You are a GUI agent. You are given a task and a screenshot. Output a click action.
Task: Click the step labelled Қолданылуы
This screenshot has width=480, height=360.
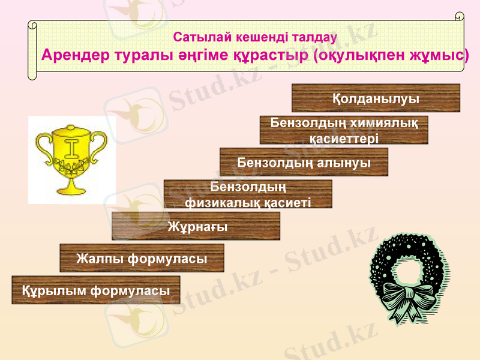point(376,98)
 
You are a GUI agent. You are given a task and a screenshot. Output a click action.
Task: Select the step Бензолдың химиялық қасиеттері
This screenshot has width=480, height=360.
point(344,130)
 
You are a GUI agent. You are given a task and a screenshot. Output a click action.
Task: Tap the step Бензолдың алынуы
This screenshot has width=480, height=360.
point(304,162)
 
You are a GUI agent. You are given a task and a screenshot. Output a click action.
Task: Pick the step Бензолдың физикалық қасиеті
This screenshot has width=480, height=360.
point(248,194)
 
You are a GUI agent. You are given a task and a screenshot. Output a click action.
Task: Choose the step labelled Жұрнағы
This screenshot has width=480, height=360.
point(196,226)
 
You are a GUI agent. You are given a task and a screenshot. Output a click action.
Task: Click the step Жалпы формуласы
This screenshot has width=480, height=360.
point(142,259)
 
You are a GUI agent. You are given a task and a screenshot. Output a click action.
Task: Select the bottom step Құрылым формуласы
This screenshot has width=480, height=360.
point(96,290)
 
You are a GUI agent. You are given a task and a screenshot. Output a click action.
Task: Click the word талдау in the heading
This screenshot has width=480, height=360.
point(314,36)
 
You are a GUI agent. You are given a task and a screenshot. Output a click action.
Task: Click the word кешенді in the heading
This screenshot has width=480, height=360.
point(251,36)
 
